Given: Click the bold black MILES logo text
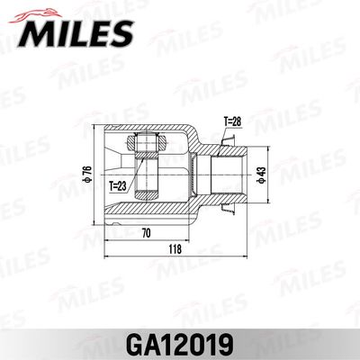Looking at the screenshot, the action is click(x=76, y=33).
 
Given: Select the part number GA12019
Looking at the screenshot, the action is click(x=180, y=344).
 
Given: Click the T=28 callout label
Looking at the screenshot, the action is click(x=232, y=121).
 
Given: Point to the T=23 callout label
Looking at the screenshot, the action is click(x=118, y=186).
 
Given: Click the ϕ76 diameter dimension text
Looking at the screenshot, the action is click(x=87, y=174).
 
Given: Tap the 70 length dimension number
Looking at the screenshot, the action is click(x=146, y=233).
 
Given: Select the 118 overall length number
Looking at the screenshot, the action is click(x=175, y=249).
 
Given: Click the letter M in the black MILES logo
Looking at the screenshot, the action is click(x=36, y=33).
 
